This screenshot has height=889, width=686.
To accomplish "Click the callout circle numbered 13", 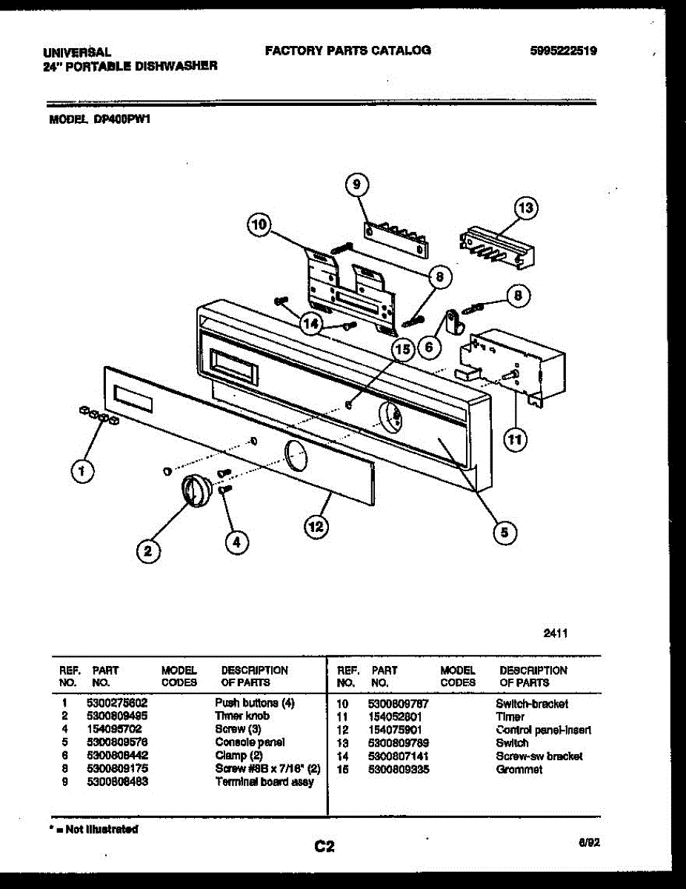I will point(527,208).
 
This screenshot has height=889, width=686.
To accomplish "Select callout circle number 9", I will point(356,184).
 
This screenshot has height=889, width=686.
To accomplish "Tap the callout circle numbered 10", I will point(260,226).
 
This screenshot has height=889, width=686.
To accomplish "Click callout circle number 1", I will point(82,470).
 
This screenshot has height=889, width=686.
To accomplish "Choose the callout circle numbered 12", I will point(316,526).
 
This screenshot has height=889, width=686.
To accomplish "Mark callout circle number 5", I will point(503,530).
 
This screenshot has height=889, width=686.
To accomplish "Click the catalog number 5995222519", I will point(564,51).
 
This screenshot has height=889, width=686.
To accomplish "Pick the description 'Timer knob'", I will point(242,716).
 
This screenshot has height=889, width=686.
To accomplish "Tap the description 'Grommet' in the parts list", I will point(519,769).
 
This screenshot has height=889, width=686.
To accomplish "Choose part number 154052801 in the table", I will point(395,716).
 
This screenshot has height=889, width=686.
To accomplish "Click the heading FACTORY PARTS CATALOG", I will point(347,50).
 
